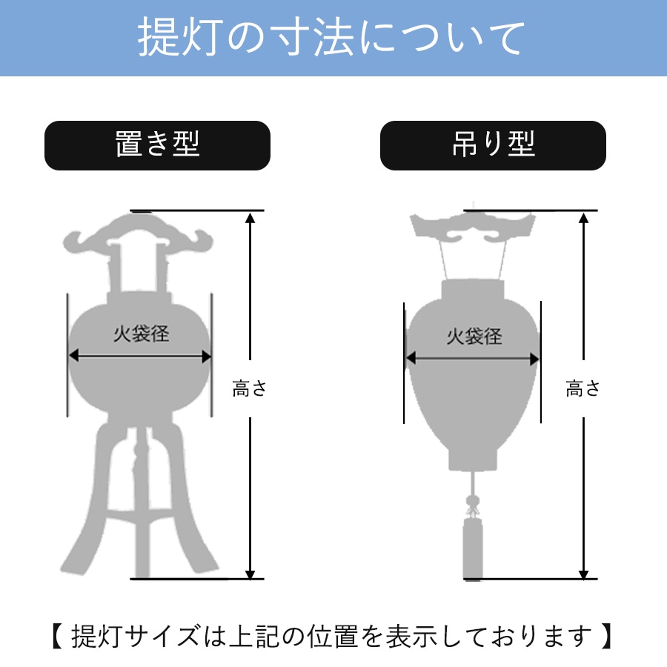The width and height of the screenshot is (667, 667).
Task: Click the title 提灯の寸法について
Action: coord(333,39)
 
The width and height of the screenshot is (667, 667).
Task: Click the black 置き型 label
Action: coord(157,145)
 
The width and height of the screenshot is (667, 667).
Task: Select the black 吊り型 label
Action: coord(493,145)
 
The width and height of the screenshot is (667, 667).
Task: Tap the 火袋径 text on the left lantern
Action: coord(141,334)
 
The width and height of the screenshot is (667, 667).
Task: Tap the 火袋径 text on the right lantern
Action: coord(474,337)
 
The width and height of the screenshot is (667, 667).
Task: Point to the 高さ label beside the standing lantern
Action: coord(249,389)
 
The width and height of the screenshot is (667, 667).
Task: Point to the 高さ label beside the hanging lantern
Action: coord(583,389)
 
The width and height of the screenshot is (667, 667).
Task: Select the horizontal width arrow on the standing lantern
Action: coord(141,356)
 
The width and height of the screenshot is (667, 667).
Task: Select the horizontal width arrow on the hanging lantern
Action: coord(473,359)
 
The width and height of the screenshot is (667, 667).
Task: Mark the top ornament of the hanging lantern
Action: coord(472,227)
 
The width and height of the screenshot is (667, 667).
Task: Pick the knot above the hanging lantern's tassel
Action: coord(471,507)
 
